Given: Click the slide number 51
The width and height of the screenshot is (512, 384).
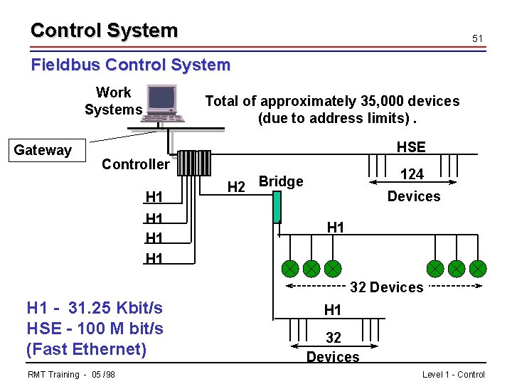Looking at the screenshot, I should tap(477, 38).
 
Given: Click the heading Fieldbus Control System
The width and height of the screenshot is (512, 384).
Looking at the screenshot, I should tap(131, 65).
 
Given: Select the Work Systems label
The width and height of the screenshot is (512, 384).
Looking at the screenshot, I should tap(113, 101).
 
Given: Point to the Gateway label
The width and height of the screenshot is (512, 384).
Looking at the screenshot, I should tap(43, 150).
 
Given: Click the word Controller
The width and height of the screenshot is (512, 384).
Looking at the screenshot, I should tap(135, 164).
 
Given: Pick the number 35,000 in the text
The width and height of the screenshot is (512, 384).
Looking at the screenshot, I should tap(393, 101).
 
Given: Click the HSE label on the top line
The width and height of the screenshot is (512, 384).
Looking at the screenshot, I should tap(410, 147).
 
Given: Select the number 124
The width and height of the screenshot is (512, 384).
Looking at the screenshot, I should tap(412, 174).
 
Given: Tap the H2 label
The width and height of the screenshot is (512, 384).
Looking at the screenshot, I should tap(236, 187).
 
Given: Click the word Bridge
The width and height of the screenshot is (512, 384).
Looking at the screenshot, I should tap(281, 181).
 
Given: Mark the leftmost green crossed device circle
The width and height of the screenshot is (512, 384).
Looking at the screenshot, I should tap(289, 269).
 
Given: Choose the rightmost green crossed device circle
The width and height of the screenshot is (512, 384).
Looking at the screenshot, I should tap(478, 269).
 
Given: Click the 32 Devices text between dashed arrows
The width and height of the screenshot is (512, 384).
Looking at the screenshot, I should tap(386, 287).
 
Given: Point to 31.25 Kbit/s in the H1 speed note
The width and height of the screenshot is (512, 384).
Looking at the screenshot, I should tap(115, 308).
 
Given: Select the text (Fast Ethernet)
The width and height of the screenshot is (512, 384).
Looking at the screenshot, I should tap(86, 349).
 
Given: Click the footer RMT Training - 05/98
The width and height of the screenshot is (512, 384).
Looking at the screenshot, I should tap(72, 375).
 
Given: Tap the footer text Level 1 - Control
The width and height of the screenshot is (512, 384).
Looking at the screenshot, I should tap(453, 375).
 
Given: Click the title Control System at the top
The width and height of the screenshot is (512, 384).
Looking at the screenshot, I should tap(104, 31).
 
